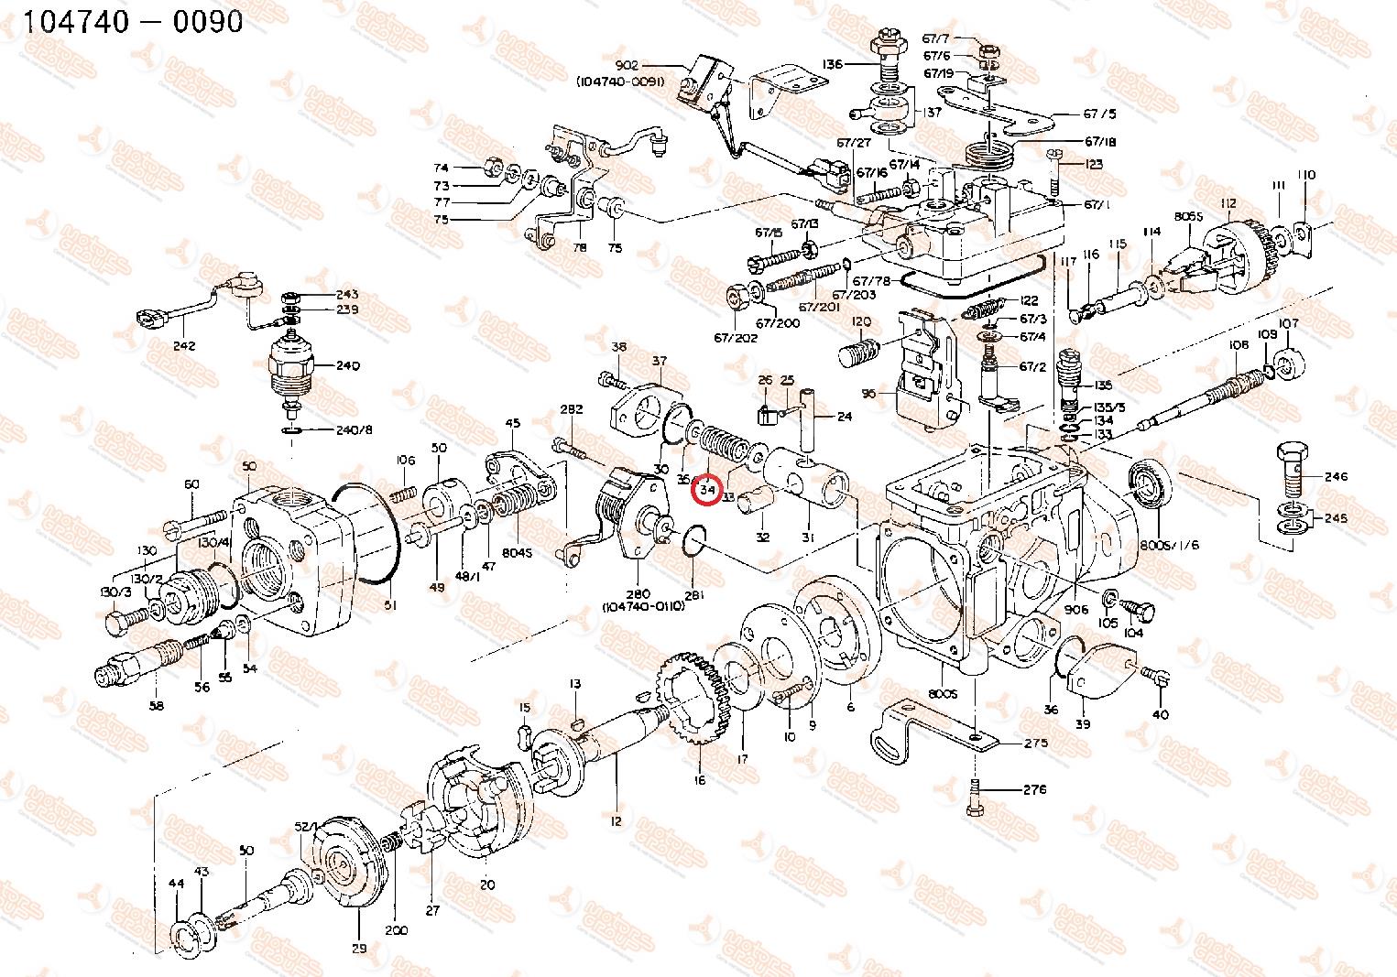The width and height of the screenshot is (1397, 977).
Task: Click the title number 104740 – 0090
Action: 134,21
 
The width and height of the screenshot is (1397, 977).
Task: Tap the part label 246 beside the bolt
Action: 1337,476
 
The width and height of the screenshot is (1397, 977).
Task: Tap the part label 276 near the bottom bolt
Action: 1034,789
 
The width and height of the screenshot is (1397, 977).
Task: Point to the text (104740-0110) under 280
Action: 643,606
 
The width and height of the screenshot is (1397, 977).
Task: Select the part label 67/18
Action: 1100,142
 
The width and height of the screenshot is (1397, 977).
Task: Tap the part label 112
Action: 1228,203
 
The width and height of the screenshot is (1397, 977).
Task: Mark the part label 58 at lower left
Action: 156,705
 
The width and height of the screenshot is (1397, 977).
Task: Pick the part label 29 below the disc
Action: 359,949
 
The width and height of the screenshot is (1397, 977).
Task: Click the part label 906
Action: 1076,609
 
